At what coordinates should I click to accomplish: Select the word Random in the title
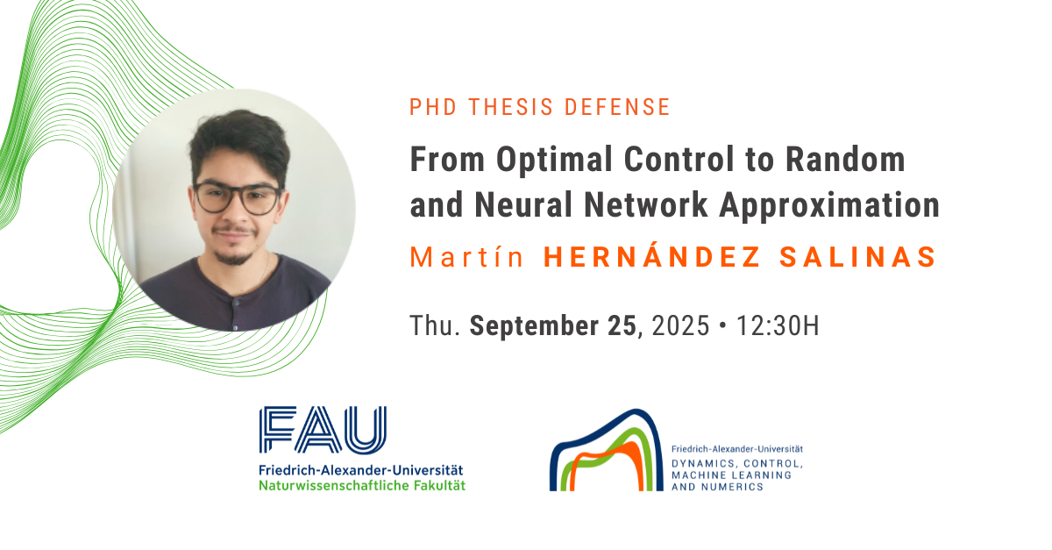tap(845, 160)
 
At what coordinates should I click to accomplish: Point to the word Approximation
tap(829, 206)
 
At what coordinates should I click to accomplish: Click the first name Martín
tap(466, 257)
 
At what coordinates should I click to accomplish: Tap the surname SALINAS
tap(858, 257)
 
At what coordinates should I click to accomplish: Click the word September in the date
tap(534, 325)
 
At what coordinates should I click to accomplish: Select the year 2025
tap(680, 325)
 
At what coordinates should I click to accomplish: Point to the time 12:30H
tap(778, 325)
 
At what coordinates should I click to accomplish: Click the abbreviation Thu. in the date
tap(435, 325)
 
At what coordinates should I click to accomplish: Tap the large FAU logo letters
tap(323, 430)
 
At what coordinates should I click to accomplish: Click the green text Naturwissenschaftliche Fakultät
tap(362, 486)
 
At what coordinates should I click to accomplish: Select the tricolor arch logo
tap(606, 450)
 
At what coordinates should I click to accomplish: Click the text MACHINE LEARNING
tap(731, 475)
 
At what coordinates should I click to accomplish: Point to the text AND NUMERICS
tap(717, 487)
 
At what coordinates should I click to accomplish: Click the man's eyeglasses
tap(238, 198)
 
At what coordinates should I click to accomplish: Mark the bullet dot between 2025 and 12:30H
tap(722, 325)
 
